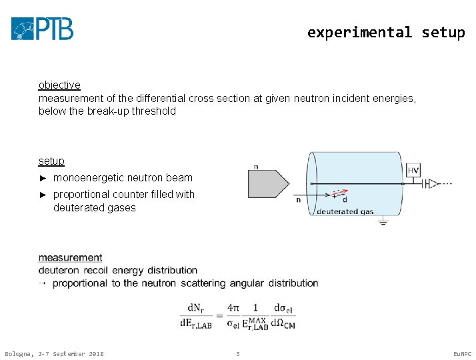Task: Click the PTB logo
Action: click(x=42, y=29)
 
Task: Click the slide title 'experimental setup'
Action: click(x=385, y=32)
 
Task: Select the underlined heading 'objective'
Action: click(x=59, y=85)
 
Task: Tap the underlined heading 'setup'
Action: click(x=51, y=161)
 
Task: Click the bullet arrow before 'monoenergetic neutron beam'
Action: click(x=43, y=178)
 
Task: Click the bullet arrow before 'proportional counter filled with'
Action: click(x=43, y=195)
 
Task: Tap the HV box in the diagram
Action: click(x=413, y=171)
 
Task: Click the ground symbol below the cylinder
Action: click(x=383, y=222)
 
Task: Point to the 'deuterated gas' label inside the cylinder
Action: click(x=345, y=211)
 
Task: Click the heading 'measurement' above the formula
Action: click(x=70, y=257)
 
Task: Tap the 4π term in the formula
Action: click(x=233, y=308)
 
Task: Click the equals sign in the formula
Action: click(x=219, y=315)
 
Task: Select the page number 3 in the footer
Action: click(x=237, y=353)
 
